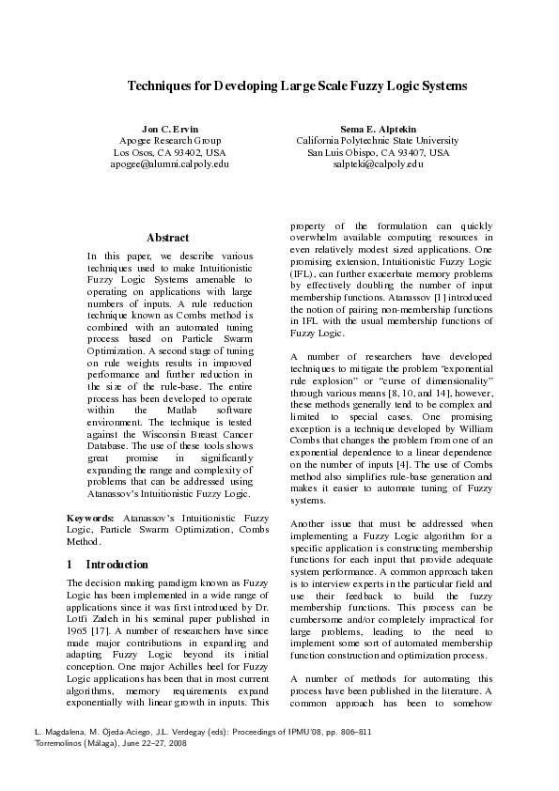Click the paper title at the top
click(297, 86)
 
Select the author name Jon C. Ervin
click(170, 128)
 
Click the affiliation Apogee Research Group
click(170, 140)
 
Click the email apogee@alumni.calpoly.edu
click(170, 163)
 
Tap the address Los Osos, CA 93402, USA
click(170, 152)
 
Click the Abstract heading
click(168, 239)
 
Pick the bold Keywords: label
click(90, 519)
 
